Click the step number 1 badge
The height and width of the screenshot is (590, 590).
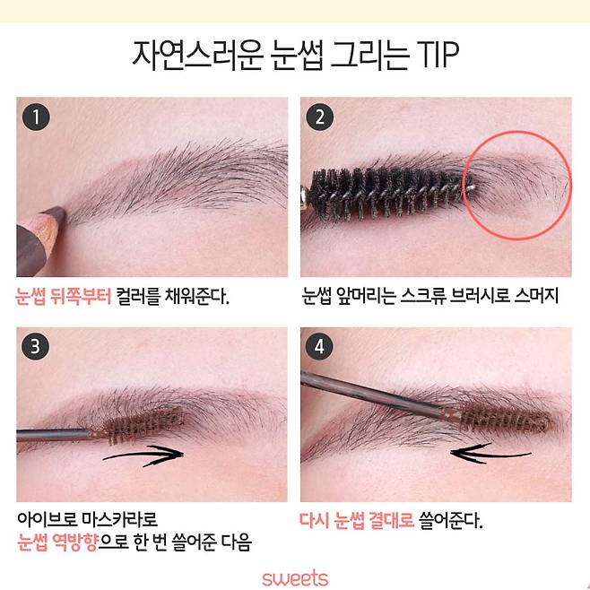[35, 117]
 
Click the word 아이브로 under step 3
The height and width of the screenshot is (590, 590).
[47, 519]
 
